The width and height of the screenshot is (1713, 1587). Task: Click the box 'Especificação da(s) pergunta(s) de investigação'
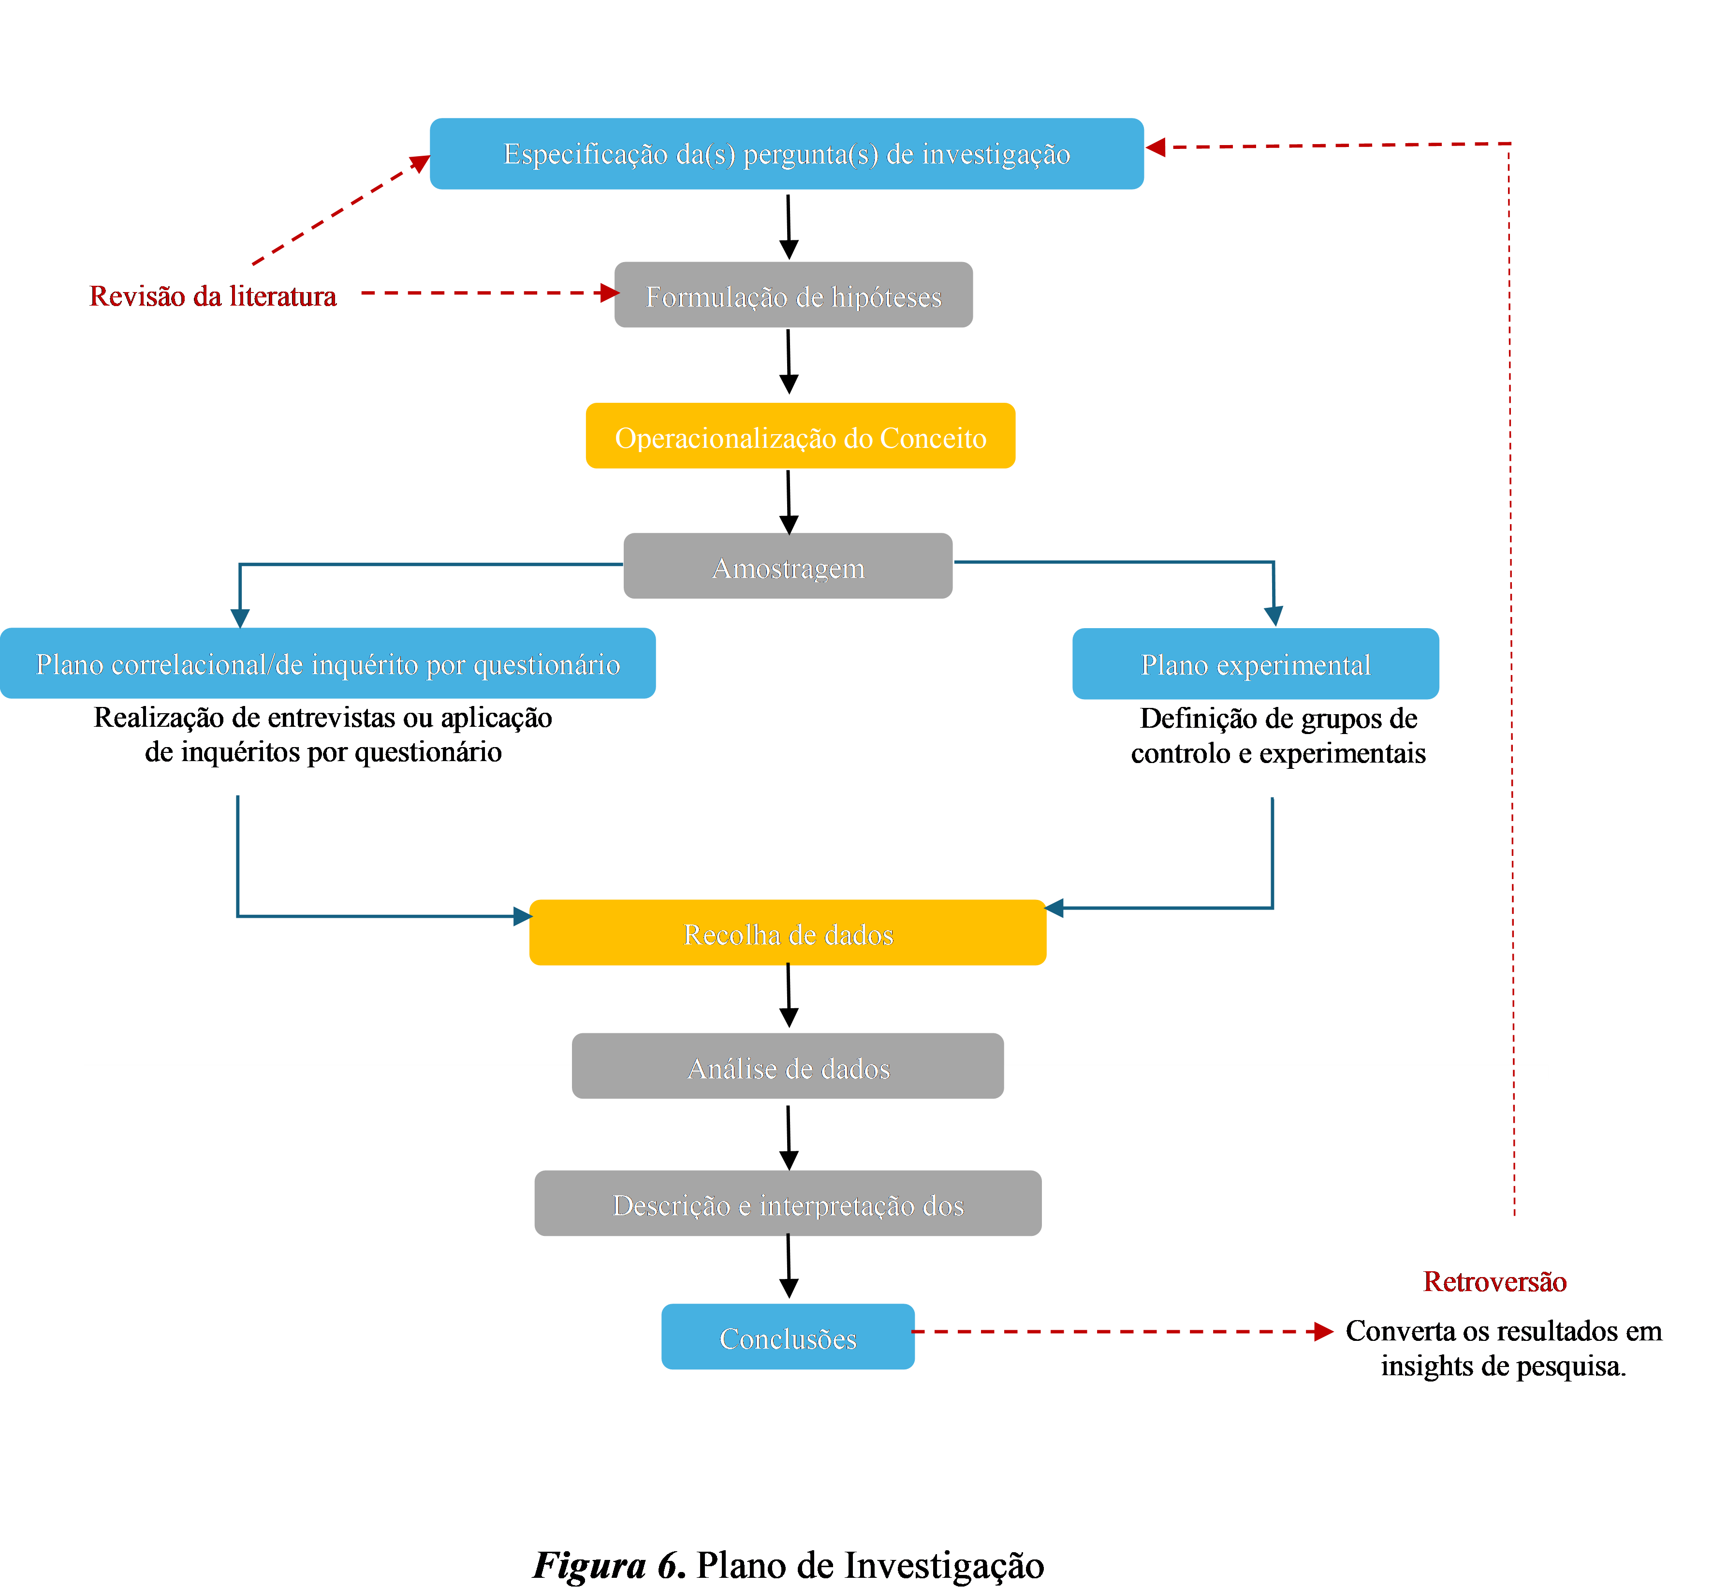tap(787, 154)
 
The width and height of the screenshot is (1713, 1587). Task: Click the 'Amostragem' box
tap(788, 566)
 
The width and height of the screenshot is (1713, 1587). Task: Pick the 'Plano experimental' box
tap(1255, 664)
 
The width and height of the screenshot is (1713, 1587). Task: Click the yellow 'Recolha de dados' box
tap(788, 933)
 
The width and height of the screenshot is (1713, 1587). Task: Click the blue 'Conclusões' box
tap(788, 1337)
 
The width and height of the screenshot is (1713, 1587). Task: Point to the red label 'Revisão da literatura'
tap(213, 295)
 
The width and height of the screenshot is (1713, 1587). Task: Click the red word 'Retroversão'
tap(1495, 1281)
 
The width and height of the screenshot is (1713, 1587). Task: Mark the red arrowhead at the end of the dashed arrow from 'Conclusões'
tap(1325, 1332)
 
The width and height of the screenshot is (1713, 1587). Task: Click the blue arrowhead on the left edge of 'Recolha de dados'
tap(522, 916)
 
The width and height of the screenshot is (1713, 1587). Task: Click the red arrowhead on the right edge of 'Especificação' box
tap(1156, 147)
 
